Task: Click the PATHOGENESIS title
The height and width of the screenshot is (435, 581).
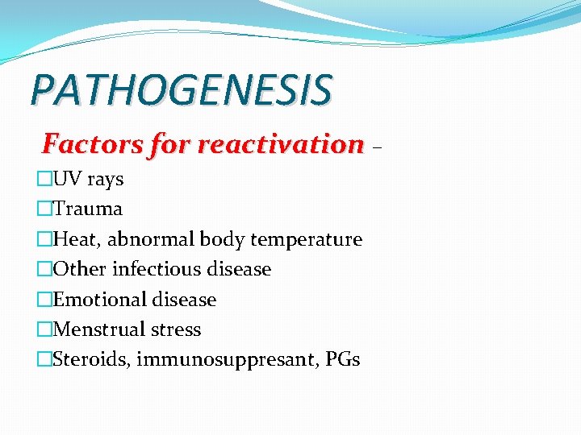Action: point(181,89)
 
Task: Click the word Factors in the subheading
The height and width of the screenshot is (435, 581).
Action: point(78,144)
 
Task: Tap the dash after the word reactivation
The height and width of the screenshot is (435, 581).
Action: point(378,147)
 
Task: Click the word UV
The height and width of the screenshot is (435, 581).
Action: point(66,179)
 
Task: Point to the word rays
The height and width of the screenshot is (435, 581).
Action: point(105,180)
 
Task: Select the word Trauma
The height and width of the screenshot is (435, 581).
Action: point(87,209)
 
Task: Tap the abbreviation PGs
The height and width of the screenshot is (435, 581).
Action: point(343,359)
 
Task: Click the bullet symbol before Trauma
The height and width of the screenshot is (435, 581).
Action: point(44,209)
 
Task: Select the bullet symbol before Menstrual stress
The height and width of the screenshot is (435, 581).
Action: point(44,329)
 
